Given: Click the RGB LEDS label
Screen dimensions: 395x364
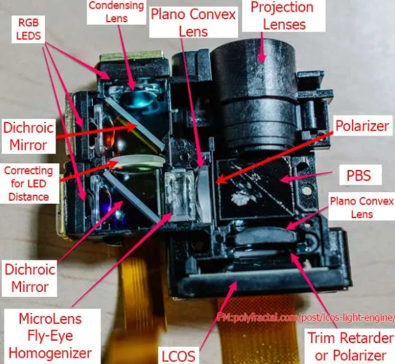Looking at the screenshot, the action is (28, 30).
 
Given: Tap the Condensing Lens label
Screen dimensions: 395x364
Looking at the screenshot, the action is (116, 12).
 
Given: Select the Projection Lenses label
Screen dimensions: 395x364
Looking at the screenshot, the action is (282, 15).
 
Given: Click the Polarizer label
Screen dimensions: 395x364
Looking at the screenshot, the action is (362, 126).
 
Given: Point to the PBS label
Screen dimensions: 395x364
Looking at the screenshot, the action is (359, 175).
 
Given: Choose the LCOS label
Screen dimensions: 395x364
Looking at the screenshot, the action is (178, 356).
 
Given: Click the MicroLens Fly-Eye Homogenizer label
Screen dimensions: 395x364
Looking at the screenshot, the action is (50, 336).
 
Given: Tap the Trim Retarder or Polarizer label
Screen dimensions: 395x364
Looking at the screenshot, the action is (351, 347).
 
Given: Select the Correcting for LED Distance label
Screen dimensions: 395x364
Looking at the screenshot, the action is (28, 184).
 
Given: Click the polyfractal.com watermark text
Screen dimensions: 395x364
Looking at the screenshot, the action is (305, 317).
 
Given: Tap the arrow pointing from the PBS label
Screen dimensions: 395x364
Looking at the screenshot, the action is (306, 176).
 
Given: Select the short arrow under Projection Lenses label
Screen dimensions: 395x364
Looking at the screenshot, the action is (262, 47).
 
